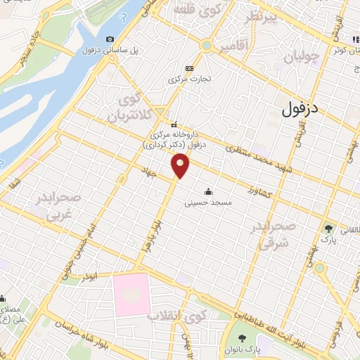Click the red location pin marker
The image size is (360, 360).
tap(181, 167)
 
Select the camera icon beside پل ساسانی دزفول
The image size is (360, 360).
tap(110, 39)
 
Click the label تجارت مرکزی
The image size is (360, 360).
tap(188, 79)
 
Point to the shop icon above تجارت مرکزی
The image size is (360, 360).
tap(188, 67)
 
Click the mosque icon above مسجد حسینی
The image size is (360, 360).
tap(208, 191)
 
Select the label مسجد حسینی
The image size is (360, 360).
tap(208, 202)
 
